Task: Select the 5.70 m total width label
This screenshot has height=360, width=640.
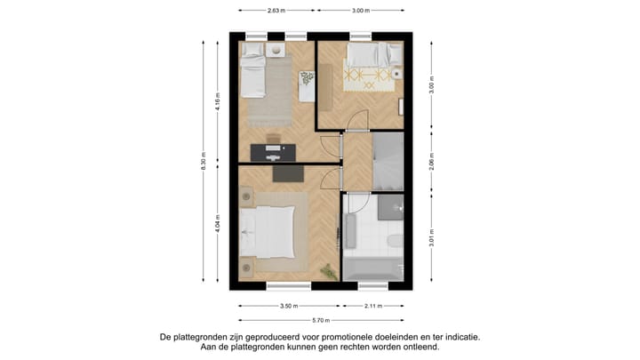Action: click(x=320, y=320)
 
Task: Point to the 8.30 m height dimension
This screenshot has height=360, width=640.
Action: click(x=204, y=164)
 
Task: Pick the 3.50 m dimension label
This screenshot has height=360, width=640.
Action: click(x=287, y=305)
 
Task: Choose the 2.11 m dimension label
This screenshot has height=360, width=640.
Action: click(x=373, y=305)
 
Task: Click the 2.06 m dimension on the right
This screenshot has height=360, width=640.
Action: click(x=431, y=161)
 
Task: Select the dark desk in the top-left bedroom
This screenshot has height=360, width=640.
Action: click(x=272, y=148)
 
